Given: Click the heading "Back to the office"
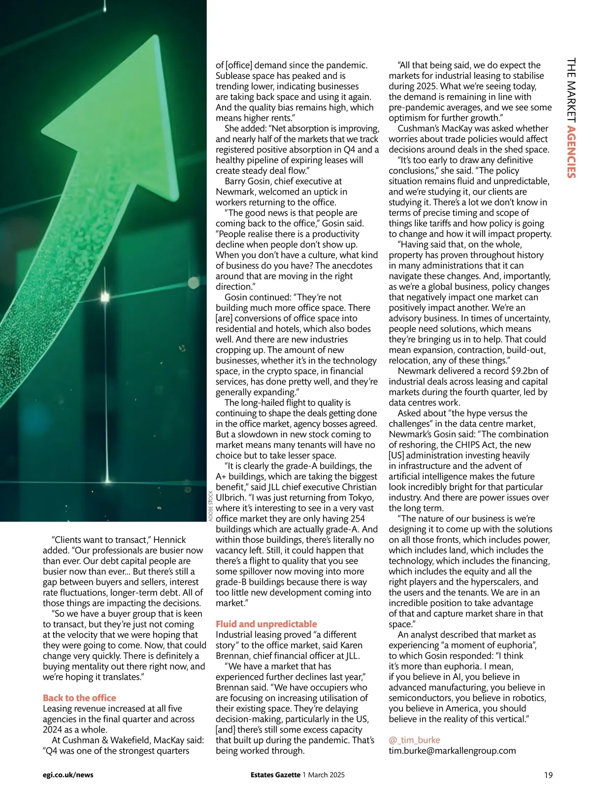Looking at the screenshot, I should pyautogui.click(x=79, y=698).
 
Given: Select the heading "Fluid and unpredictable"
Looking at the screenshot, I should pyautogui.click(x=266, y=624).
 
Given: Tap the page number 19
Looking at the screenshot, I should pyautogui.click(x=548, y=775).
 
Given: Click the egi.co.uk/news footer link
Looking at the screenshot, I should pyautogui.click(x=68, y=775).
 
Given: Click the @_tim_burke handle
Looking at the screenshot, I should pyautogui.click(x=414, y=740).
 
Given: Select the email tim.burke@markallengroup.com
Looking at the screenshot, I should pyautogui.click(x=452, y=751).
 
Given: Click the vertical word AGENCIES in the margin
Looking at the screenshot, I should pyautogui.click(x=571, y=152).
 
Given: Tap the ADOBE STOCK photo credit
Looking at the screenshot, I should pyautogui.click(x=211, y=506).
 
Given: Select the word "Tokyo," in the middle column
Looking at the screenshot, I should pyautogui.click(x=361, y=498).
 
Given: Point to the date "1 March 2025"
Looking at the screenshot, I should pyautogui.click(x=324, y=775).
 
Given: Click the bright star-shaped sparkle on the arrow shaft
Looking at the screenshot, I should pyautogui.click(x=104, y=297).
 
